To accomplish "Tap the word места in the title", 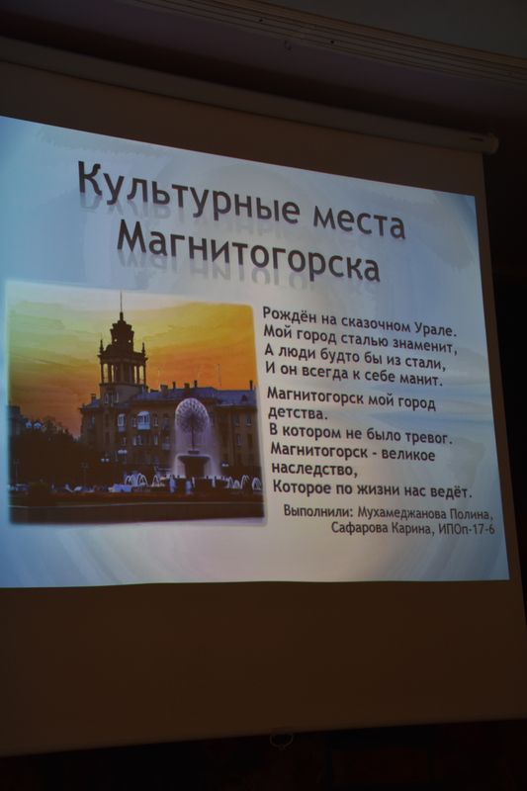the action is pos(360,221).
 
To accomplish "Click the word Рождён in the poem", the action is pos(284,314).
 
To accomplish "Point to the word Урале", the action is pos(435,330).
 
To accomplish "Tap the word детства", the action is pos(294,413).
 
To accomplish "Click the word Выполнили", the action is pos(316,511).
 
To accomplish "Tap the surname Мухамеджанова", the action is pos(400,513).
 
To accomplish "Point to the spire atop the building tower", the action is pos(121,303).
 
